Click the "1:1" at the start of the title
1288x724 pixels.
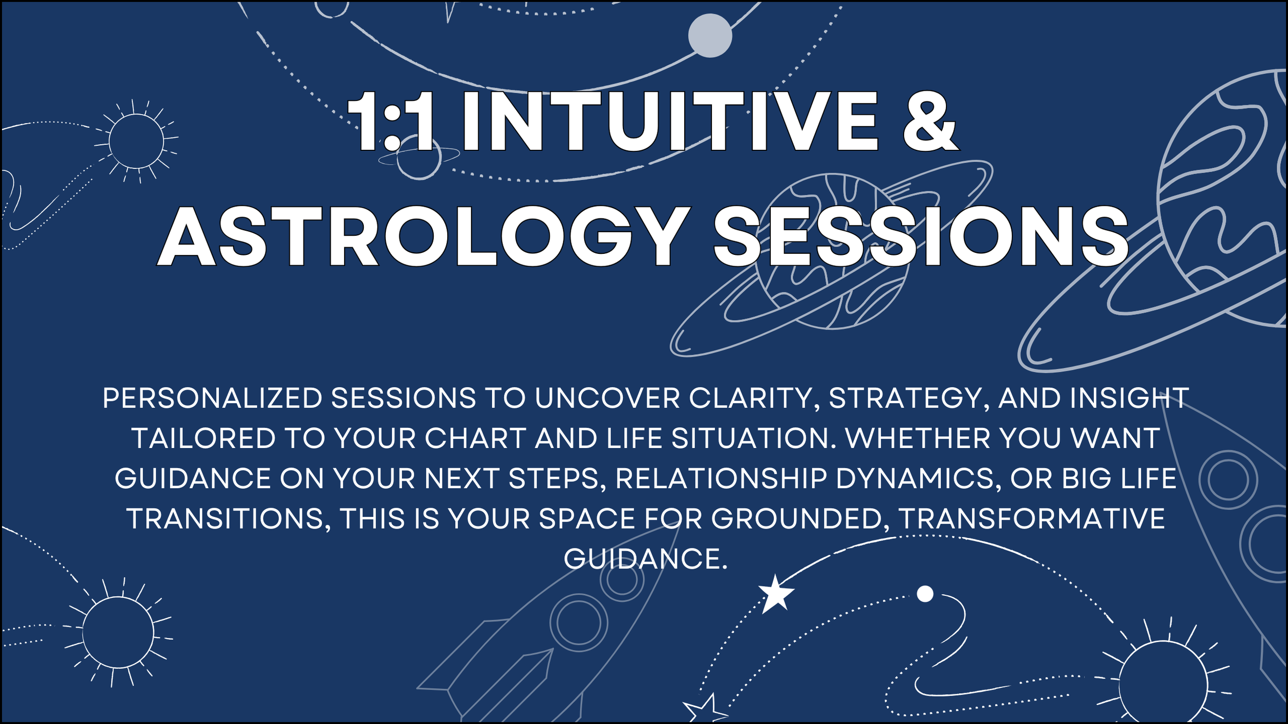(x=391, y=121)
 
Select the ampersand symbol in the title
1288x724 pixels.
(x=930, y=121)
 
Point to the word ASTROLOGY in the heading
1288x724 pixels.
(x=423, y=236)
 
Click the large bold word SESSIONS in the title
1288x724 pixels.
(x=921, y=236)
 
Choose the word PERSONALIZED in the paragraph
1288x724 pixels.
(x=212, y=398)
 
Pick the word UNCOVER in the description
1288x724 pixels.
(x=607, y=398)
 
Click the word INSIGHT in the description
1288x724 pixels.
(x=1129, y=398)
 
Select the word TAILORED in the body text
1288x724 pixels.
(x=204, y=438)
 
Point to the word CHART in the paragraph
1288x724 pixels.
(x=476, y=438)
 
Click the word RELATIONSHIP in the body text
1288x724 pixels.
(x=721, y=478)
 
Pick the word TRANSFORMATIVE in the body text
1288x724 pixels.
(x=1031, y=519)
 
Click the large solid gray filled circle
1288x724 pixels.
(x=710, y=36)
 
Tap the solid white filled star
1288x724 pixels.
(x=776, y=594)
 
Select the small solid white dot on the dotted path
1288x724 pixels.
(x=925, y=594)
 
